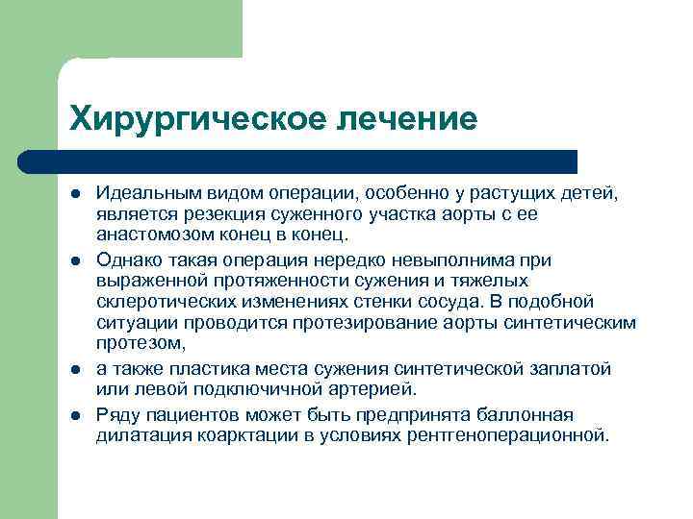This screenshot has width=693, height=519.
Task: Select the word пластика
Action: point(205,368)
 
